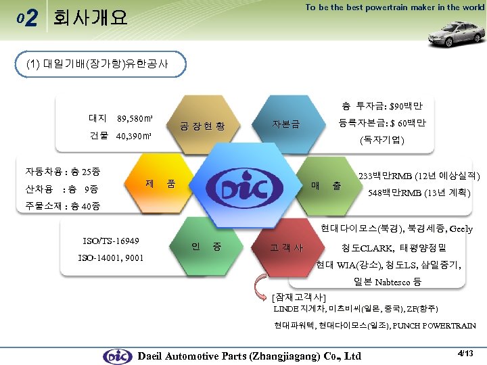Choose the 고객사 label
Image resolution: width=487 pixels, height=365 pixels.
(x=286, y=247)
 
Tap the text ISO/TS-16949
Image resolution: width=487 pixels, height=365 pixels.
(x=110, y=241)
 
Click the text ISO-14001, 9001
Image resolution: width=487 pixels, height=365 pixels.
(x=110, y=258)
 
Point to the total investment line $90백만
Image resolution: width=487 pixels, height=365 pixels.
(x=382, y=106)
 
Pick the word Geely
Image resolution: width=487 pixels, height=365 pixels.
(x=459, y=229)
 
